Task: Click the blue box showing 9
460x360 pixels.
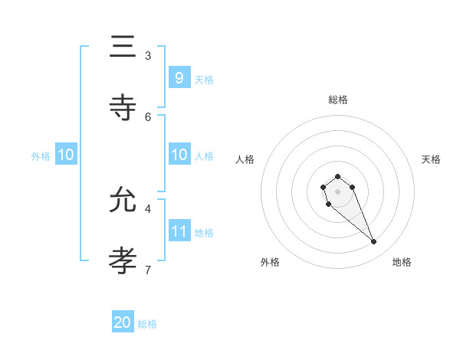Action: tap(179, 77)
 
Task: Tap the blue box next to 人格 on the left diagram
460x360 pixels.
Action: tap(179, 155)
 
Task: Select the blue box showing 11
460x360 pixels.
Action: tap(179, 231)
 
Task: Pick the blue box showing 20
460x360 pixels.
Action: tap(123, 322)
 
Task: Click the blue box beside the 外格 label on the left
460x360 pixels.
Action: tap(66, 155)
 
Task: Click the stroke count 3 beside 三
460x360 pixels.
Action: tap(148, 55)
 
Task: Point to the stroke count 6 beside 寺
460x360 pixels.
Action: tap(148, 116)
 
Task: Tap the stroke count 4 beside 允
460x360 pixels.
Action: tap(148, 208)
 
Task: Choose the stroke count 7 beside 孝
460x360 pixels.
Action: tap(148, 270)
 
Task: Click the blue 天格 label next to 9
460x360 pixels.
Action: tap(204, 79)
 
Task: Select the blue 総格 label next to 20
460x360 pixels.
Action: tap(147, 324)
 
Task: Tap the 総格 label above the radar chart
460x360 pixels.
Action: tap(337, 100)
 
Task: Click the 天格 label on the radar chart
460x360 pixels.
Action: tap(431, 159)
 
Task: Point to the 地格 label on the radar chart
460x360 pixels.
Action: tap(402, 262)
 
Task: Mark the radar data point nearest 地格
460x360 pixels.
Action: tap(374, 242)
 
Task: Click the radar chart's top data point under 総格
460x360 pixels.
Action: tap(337, 176)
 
